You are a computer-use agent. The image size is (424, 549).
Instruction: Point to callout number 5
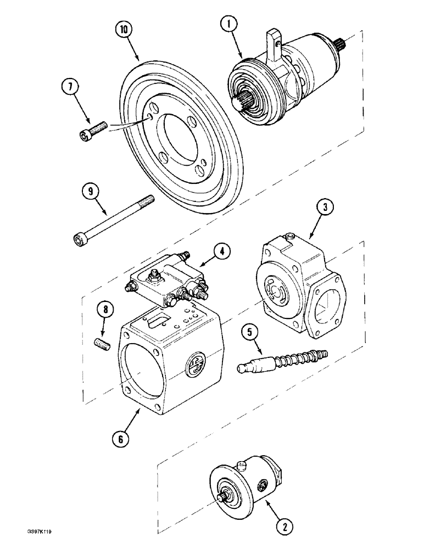tap(250, 332)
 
